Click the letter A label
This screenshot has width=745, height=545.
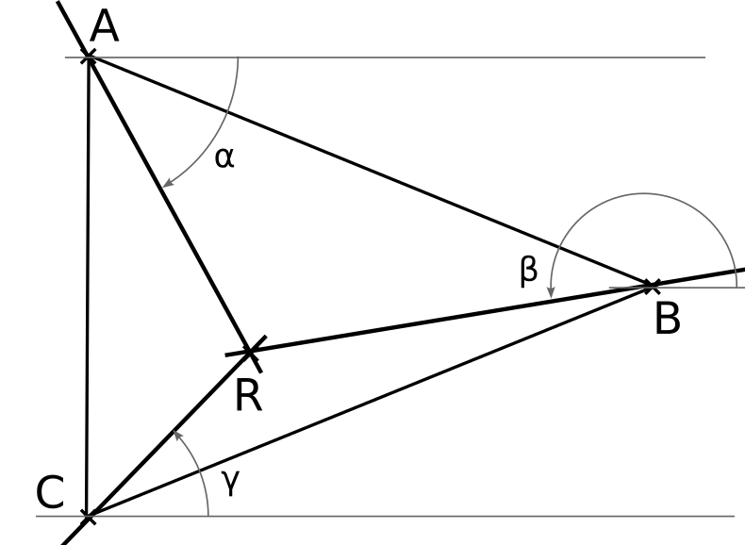point(104,27)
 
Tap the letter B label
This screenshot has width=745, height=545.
point(668,320)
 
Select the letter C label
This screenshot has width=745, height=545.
point(50,492)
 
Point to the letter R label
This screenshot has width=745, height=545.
point(249,396)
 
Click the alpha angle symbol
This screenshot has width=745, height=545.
point(224,157)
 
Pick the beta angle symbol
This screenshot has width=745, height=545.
point(529,272)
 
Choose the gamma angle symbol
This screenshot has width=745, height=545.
point(231,483)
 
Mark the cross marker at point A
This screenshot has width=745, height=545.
point(89,58)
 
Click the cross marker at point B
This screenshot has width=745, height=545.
point(651,286)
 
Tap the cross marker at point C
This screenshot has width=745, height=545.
point(89,516)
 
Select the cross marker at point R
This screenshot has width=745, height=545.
point(250,352)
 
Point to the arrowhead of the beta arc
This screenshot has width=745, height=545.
point(551,292)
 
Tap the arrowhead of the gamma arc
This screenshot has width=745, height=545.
point(176,436)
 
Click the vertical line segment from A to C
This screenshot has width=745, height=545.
point(88,287)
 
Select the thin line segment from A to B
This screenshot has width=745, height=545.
point(370,172)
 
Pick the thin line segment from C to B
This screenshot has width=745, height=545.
point(370,401)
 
